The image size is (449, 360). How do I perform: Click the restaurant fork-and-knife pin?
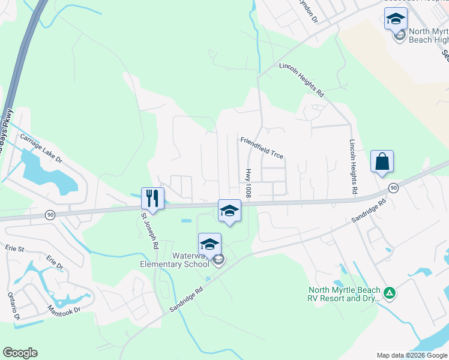152,198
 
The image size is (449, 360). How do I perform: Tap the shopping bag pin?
382,161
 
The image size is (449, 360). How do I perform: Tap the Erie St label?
14,248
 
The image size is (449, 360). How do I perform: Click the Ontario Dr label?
13,306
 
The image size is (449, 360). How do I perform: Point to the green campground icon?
390,293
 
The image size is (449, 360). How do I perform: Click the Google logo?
20,353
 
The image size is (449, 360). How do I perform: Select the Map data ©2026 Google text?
411,355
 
